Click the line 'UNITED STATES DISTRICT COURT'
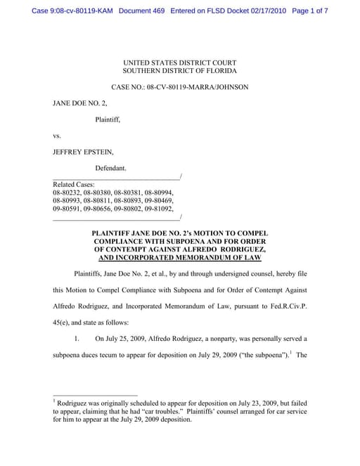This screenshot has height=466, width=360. coord(180,62)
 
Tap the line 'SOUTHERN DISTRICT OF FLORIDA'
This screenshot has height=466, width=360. coord(180,71)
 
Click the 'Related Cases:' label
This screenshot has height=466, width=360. coord(75,183)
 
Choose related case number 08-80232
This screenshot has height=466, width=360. coord(66,192)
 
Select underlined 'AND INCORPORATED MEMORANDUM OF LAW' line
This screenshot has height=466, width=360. coord(180,257)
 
